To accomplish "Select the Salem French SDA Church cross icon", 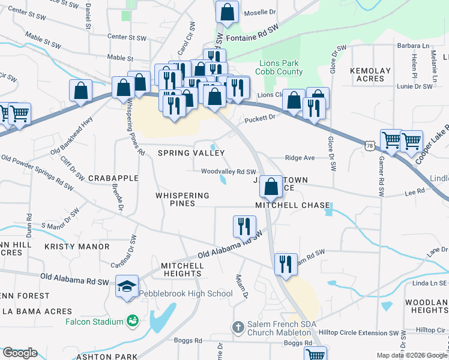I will click(x=238, y=327).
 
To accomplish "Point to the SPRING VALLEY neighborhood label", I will click(x=191, y=154).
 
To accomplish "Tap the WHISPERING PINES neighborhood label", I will click(x=182, y=199).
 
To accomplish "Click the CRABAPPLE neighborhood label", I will click(x=113, y=178).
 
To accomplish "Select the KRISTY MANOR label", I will click(x=77, y=247).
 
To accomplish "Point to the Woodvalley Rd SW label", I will click(x=228, y=172).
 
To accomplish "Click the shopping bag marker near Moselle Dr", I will click(x=228, y=11).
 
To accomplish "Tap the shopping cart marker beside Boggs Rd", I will click(x=315, y=354).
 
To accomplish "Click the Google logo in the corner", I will click(x=20, y=353).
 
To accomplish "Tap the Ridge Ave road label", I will click(x=300, y=158).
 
